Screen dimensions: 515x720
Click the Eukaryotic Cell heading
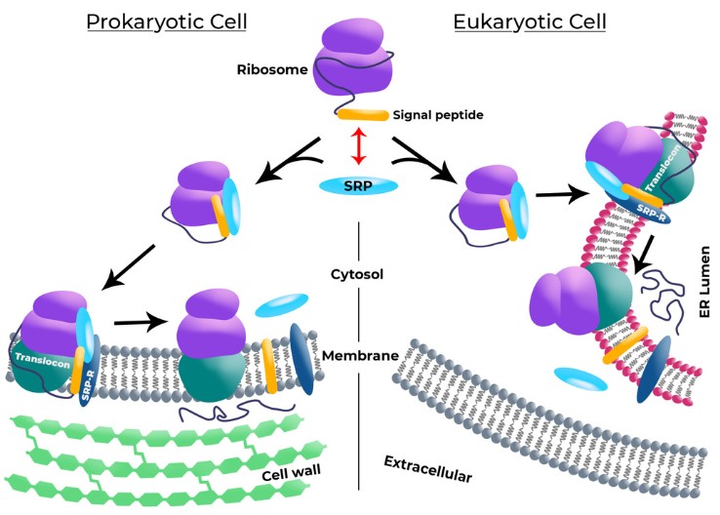pyautogui.click(x=529, y=21)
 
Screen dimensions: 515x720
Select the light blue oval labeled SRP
pyautogui.click(x=359, y=185)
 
